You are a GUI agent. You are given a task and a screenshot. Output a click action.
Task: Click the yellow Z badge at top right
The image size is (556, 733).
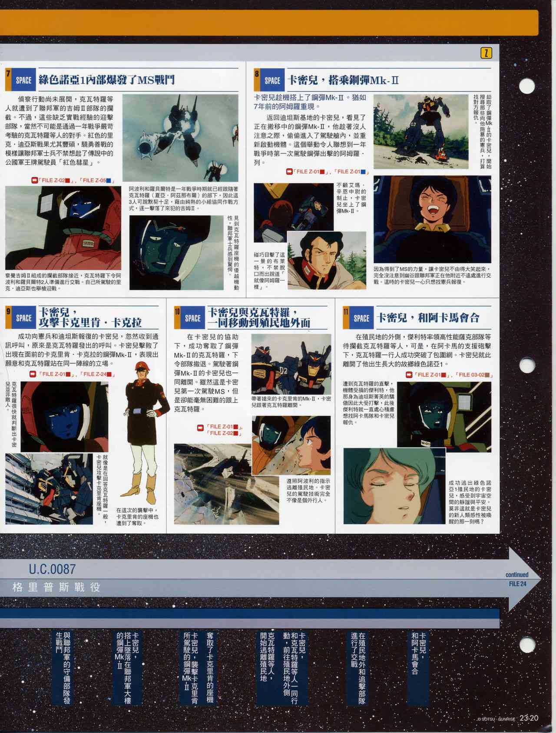[x=486, y=53]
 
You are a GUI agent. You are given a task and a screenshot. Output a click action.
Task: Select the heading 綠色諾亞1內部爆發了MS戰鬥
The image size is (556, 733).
[x=107, y=80]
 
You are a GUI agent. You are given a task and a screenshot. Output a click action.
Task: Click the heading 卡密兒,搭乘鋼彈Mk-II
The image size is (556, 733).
[x=343, y=80]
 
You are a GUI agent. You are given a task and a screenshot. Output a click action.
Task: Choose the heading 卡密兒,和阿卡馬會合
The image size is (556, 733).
[x=428, y=318]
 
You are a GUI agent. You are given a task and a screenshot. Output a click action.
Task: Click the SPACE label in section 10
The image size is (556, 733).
[x=192, y=318]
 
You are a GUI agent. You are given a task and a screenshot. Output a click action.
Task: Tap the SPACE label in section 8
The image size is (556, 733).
[x=272, y=80]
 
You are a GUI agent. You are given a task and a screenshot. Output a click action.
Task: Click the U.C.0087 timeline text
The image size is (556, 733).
[x=53, y=569]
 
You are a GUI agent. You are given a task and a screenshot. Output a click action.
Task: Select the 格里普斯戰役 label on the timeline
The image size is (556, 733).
[x=56, y=587]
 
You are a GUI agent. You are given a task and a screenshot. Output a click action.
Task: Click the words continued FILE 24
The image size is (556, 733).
[x=517, y=579]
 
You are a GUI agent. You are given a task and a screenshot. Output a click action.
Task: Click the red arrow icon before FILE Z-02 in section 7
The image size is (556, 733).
[x=34, y=180]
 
